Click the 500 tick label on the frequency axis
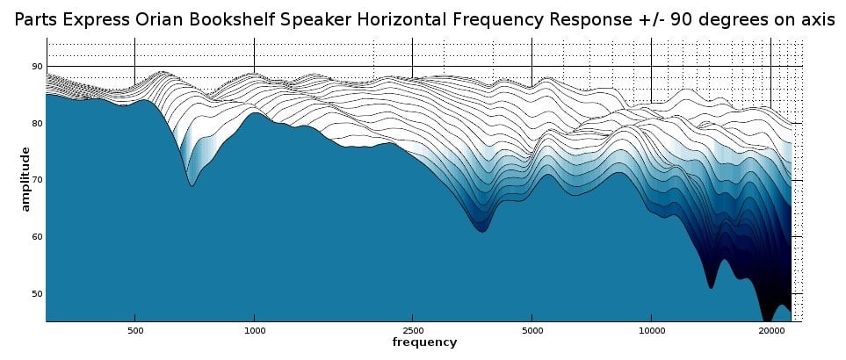[x=134, y=331]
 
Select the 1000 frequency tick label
[x=254, y=331]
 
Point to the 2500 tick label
[x=412, y=331]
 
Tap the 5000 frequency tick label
[x=531, y=331]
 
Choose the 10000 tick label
[x=651, y=331]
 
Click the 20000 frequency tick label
[x=770, y=331]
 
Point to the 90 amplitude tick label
[x=37, y=67]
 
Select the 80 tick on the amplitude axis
[x=37, y=124]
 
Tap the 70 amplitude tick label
[x=37, y=180]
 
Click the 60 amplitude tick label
[x=37, y=237]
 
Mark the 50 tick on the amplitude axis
[x=37, y=293]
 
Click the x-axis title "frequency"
[x=424, y=342]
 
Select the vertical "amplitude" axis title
[x=25, y=179]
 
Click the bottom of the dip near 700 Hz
[x=192, y=185]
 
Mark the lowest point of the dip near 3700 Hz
[x=481, y=232]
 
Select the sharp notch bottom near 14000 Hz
[x=711, y=287]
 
